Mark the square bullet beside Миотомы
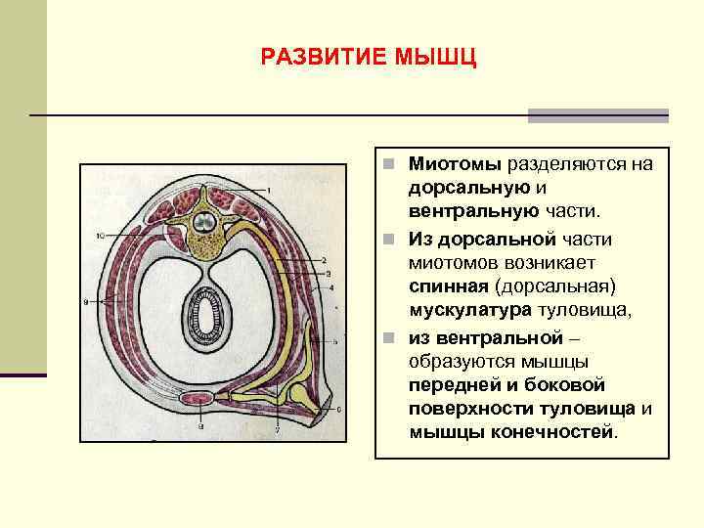point(388,163)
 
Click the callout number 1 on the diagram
point(269,189)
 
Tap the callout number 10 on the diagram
point(101,235)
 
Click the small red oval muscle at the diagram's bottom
point(200,399)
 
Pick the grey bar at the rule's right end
point(597,115)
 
